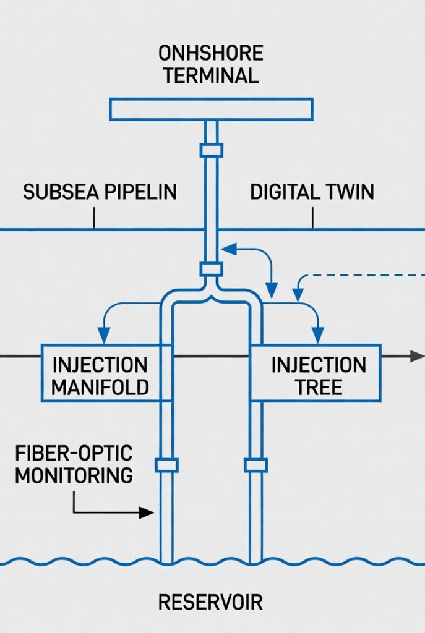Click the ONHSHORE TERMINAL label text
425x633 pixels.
[x=211, y=64]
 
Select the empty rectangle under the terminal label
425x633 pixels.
[x=212, y=109]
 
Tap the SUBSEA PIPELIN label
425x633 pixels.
[x=100, y=192]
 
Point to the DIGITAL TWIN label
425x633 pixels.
[x=312, y=192]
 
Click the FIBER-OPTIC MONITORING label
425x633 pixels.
[x=74, y=464]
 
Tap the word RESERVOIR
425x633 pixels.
[x=210, y=601]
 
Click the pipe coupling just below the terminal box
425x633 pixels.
[x=211, y=150]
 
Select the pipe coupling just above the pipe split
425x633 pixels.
[x=211, y=269]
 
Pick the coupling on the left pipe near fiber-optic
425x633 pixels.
[x=166, y=465]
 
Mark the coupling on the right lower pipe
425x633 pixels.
[x=255, y=465]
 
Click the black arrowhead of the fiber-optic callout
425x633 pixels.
[x=147, y=512]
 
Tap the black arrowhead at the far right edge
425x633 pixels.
[x=418, y=356]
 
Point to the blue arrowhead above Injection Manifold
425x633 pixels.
[x=104, y=336]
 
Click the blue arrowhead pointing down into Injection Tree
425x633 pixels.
[x=318, y=336]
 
